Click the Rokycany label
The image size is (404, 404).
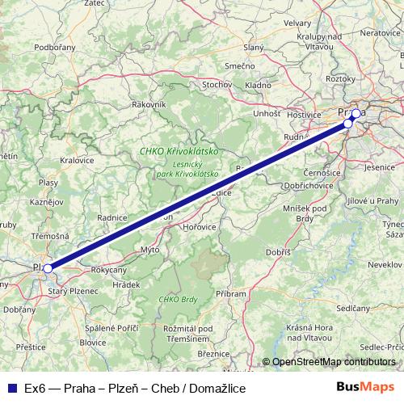pyautogui.click(x=108, y=270)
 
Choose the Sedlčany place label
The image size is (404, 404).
pyautogui.click(x=354, y=308)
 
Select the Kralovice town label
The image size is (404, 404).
pyautogui.click(x=77, y=160)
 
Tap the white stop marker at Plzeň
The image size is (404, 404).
pyautogui.click(x=48, y=267)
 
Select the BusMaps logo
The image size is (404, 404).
pyautogui.click(x=365, y=387)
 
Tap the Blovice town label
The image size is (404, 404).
pyautogui.click(x=93, y=341)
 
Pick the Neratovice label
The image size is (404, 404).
pyautogui.click(x=381, y=32)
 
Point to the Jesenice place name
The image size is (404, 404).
pyautogui.click(x=379, y=166)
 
